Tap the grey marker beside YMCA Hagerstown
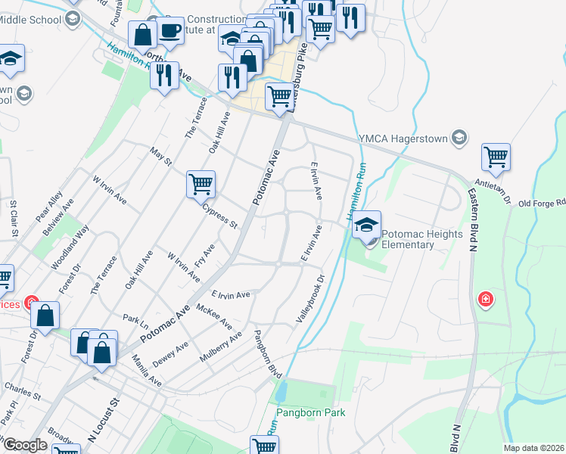point(459,138)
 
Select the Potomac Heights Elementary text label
point(421,239)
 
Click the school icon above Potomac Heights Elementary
point(367,225)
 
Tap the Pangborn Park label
point(310,412)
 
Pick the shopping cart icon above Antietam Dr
point(496,157)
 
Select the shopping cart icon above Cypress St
point(201,184)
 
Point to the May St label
point(161,157)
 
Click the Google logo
point(25,445)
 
